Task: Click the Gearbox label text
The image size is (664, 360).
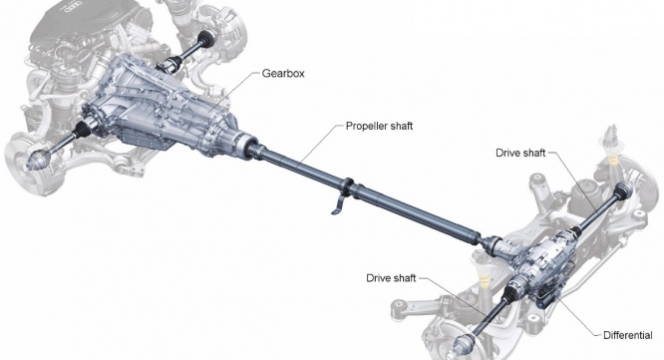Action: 283,73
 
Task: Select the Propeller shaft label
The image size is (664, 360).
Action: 379,126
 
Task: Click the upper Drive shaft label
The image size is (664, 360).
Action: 520,153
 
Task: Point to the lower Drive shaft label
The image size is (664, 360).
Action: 391,278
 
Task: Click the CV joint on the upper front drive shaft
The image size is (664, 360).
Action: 206,39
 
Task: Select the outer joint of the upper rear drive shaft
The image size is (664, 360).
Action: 623,191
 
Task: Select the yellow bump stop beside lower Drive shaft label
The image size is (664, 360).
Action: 482,279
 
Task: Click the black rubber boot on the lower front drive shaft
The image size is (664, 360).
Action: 82,129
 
